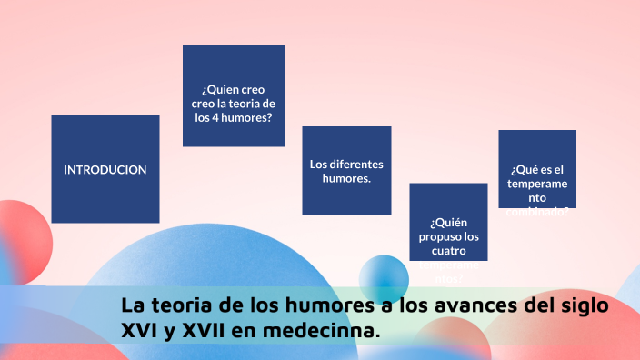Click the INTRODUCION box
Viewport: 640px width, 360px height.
click(x=105, y=169)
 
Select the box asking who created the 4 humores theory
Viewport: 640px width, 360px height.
click(x=233, y=95)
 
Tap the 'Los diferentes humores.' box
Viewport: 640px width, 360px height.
click(x=346, y=171)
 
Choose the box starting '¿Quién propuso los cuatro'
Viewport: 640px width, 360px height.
click(x=448, y=222)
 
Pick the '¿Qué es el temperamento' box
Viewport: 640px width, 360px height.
click(x=536, y=168)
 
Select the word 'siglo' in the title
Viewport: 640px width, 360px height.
click(x=582, y=305)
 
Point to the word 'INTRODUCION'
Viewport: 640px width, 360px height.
click(x=105, y=169)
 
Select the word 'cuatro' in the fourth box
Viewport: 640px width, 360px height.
click(x=448, y=250)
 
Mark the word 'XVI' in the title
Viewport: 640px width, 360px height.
click(x=140, y=331)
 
